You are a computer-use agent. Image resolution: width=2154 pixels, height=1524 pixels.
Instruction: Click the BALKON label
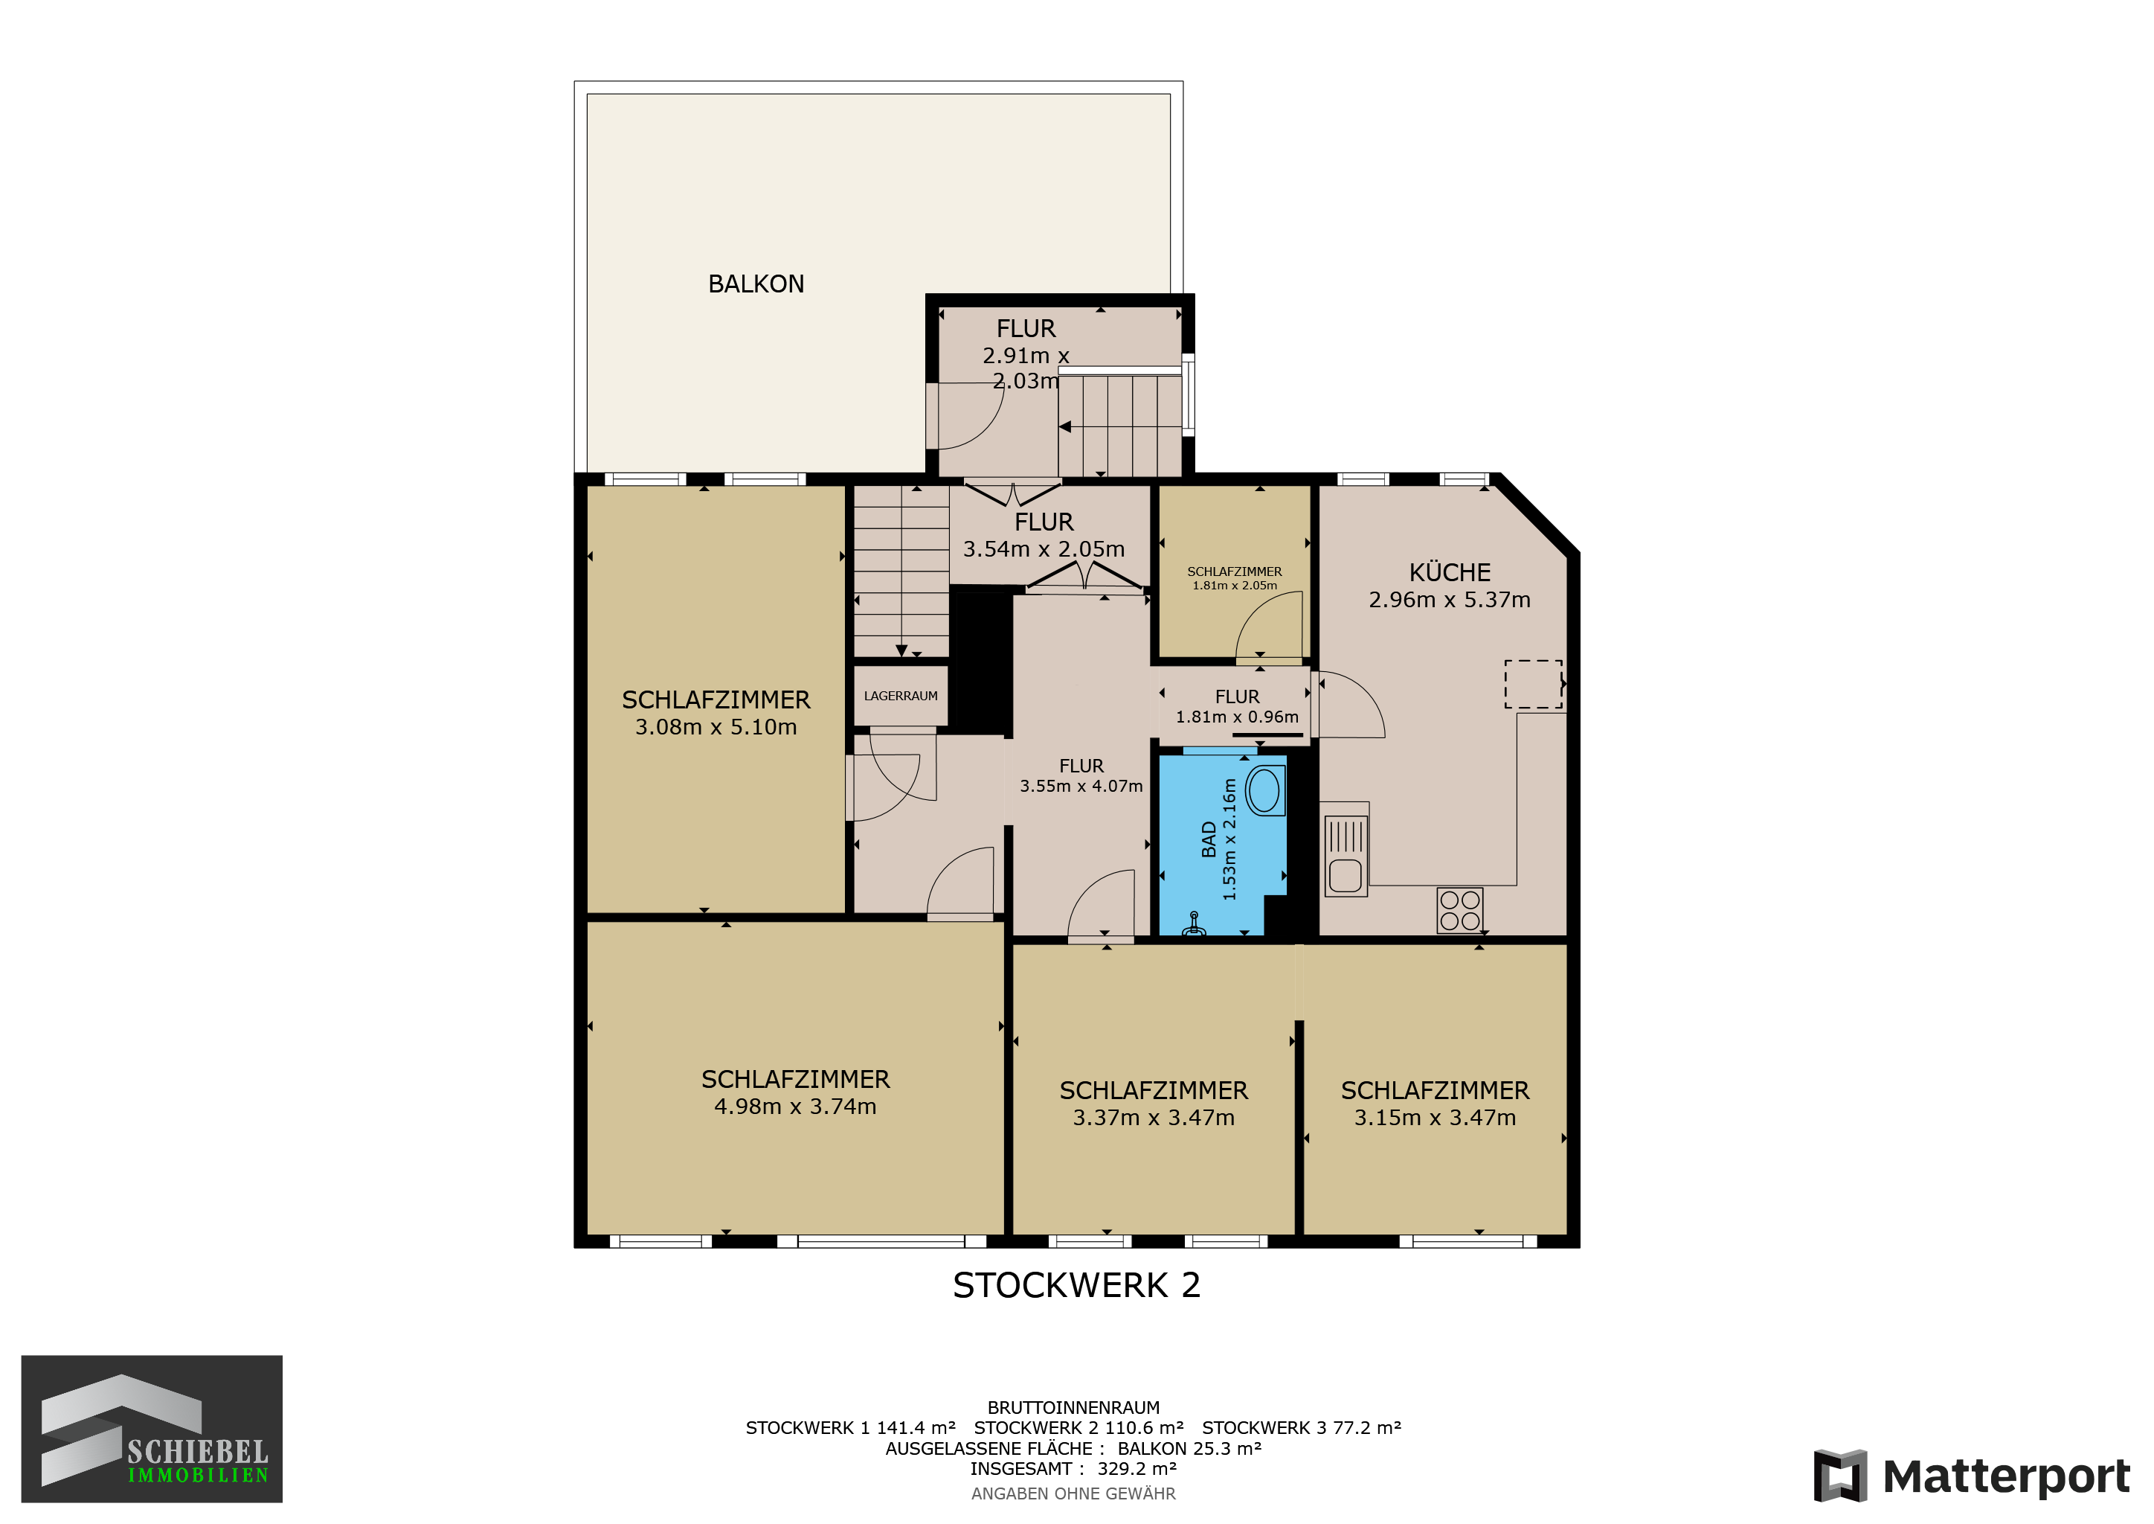click(x=756, y=284)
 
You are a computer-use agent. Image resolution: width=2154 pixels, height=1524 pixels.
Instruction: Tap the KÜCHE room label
click(x=1450, y=572)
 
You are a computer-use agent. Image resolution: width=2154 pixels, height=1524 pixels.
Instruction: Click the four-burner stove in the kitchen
click(x=1460, y=910)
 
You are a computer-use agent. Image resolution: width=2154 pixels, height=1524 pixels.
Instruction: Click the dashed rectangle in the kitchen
click(x=1534, y=684)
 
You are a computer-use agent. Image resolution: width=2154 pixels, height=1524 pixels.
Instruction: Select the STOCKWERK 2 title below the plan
click(x=1076, y=1286)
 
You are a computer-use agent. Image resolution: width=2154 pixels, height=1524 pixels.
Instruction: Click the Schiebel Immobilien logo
click(x=152, y=1429)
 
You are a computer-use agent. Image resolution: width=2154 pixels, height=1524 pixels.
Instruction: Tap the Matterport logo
click(x=1972, y=1476)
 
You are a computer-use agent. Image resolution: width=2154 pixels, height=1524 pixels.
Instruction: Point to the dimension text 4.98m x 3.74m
click(x=796, y=1107)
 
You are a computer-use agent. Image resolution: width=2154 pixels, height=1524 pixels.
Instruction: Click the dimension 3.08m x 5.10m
click(x=716, y=727)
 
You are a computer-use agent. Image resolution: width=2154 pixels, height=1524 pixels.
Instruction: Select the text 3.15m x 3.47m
click(x=1435, y=1118)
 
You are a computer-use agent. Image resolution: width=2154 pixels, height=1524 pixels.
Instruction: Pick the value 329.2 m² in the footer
click(x=1137, y=1469)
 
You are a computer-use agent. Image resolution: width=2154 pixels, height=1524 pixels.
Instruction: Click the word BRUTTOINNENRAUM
click(x=1073, y=1408)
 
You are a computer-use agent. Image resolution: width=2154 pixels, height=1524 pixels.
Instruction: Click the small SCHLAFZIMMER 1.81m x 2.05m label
click(x=1235, y=578)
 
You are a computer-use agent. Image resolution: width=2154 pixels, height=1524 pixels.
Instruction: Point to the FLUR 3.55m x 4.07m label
click(x=1081, y=776)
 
